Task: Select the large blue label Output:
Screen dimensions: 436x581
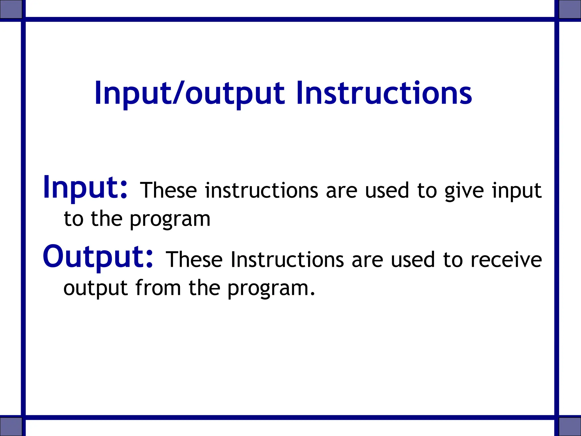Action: (x=98, y=257)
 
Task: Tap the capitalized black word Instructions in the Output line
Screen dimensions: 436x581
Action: (x=287, y=259)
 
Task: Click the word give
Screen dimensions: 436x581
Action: (x=464, y=191)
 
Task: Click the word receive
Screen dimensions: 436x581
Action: (x=506, y=259)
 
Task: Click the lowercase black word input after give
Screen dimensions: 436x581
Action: (x=517, y=191)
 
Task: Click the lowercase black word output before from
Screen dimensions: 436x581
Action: (x=95, y=288)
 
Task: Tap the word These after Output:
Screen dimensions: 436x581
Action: (x=194, y=259)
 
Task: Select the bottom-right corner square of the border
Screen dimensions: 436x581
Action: (x=570, y=426)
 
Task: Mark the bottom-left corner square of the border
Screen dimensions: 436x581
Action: (x=11, y=426)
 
